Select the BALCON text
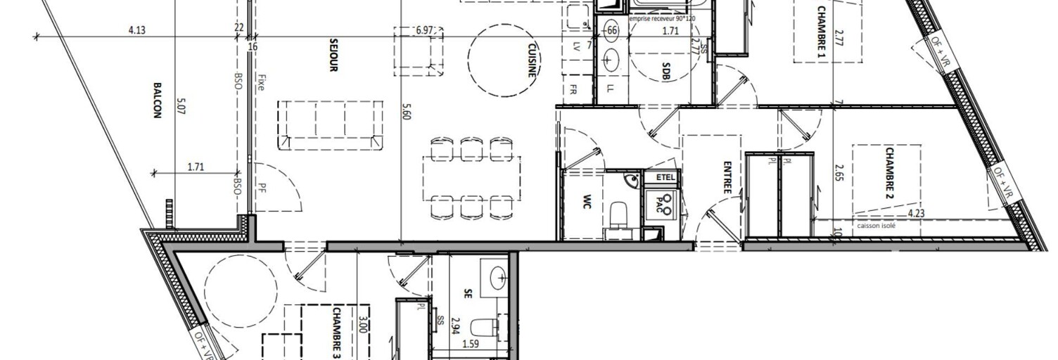[x=156, y=100]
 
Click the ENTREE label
[x=727, y=179]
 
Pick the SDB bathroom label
[x=665, y=73]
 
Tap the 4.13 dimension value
[x=136, y=30]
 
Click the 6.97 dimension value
[x=425, y=30]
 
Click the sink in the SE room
[x=497, y=277]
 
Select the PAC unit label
[x=661, y=204]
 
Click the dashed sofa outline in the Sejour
[x=331, y=124]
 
